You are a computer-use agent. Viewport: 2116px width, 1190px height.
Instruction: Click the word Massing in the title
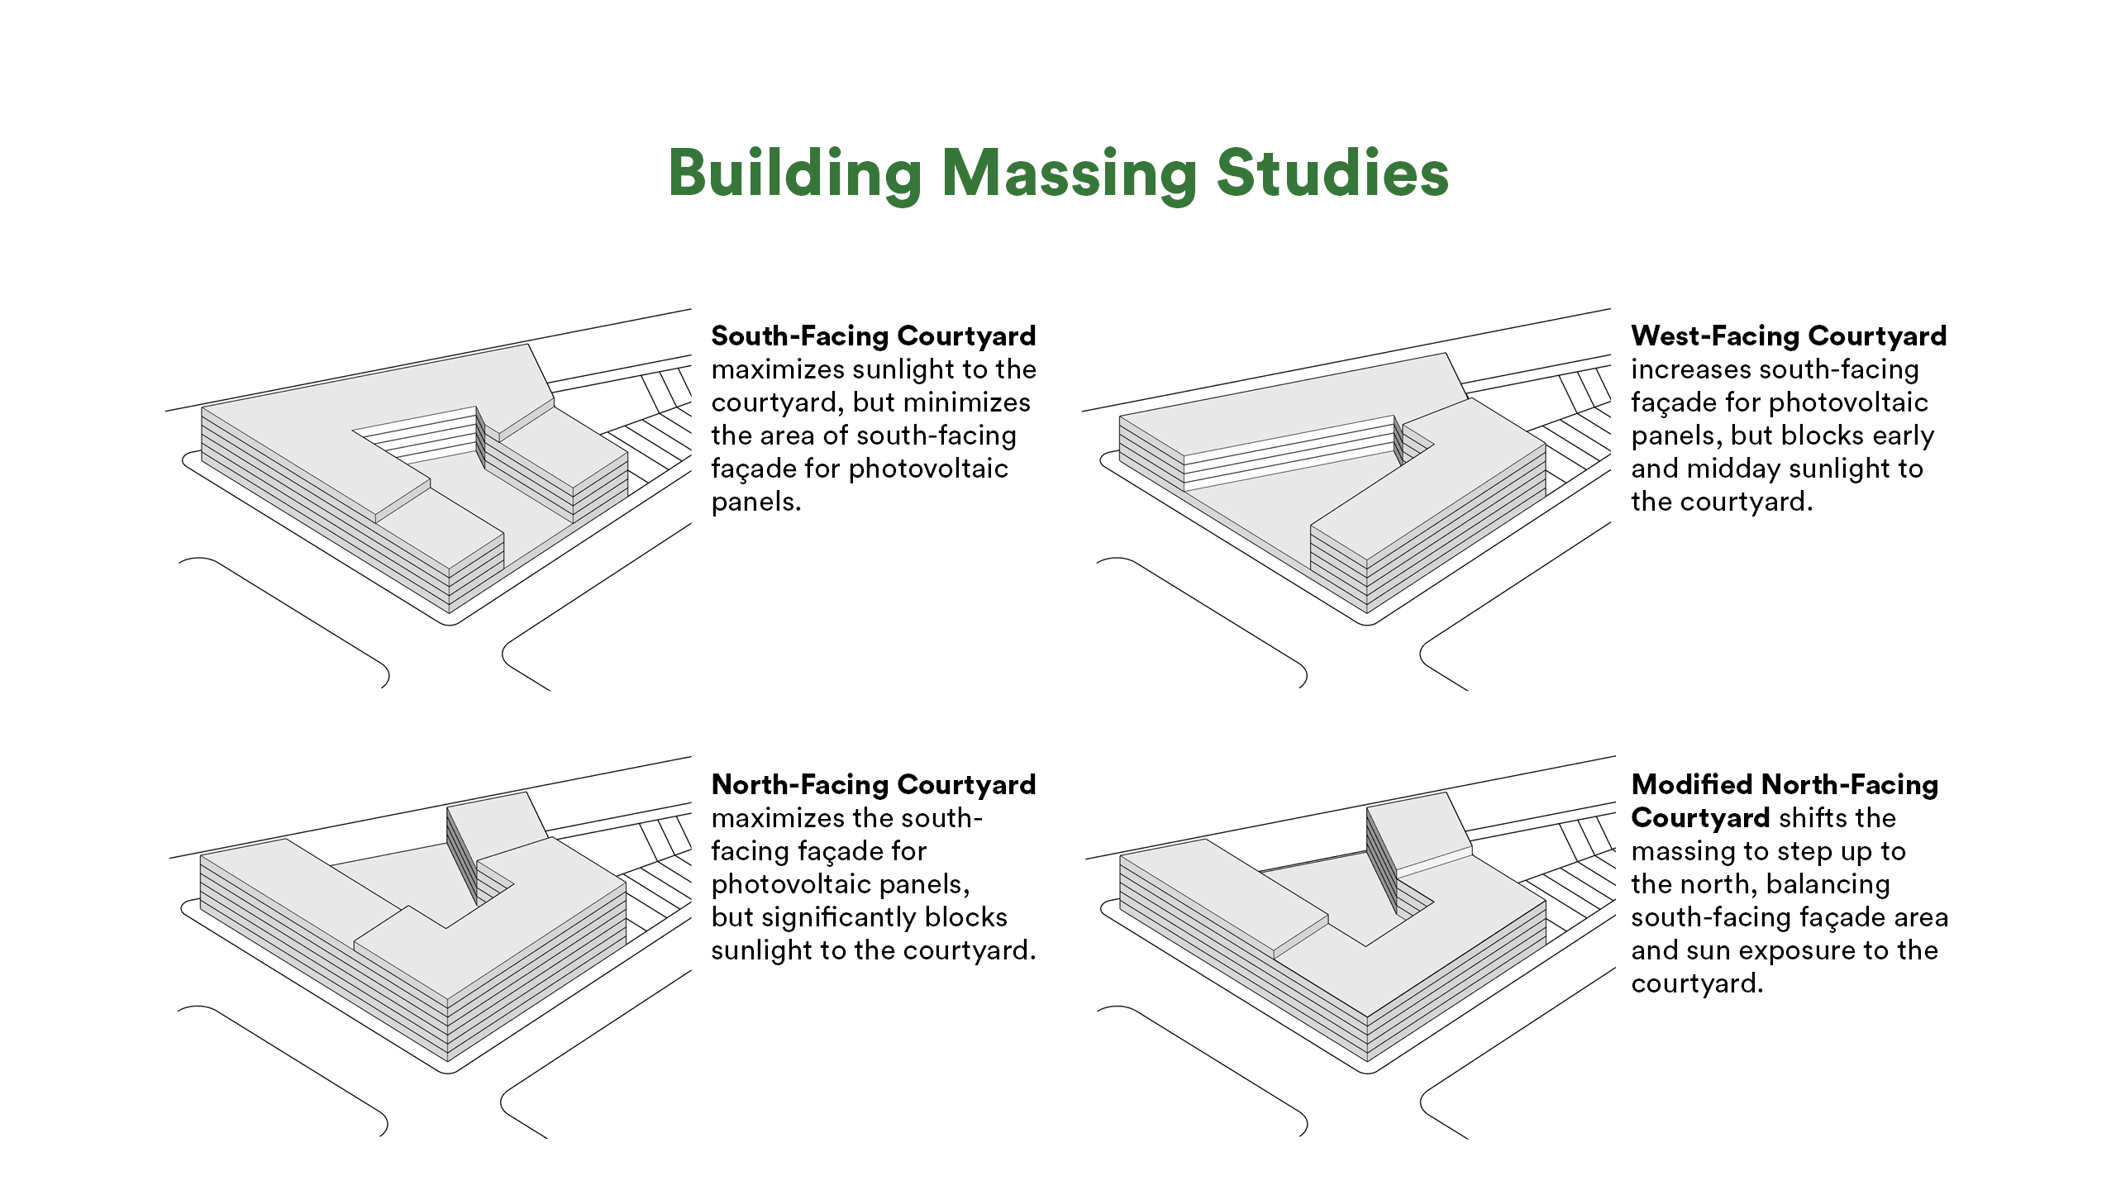[x=1070, y=174]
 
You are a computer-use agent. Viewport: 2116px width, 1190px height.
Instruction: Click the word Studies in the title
[x=1332, y=174]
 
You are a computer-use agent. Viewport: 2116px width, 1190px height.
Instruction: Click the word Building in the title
[x=795, y=174]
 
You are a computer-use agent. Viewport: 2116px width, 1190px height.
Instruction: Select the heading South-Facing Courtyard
[x=873, y=336]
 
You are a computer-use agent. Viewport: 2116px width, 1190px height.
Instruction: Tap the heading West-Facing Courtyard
[x=1789, y=336]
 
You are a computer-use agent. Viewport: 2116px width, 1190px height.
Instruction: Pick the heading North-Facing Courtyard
[x=873, y=784]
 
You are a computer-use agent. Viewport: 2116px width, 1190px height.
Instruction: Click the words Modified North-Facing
[x=1785, y=784]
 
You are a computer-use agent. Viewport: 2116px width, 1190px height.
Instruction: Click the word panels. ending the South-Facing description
[x=755, y=502]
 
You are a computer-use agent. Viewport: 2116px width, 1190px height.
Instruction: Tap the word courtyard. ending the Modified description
[x=1696, y=983]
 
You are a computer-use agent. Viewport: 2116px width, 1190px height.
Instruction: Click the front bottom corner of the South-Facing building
[x=450, y=612]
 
